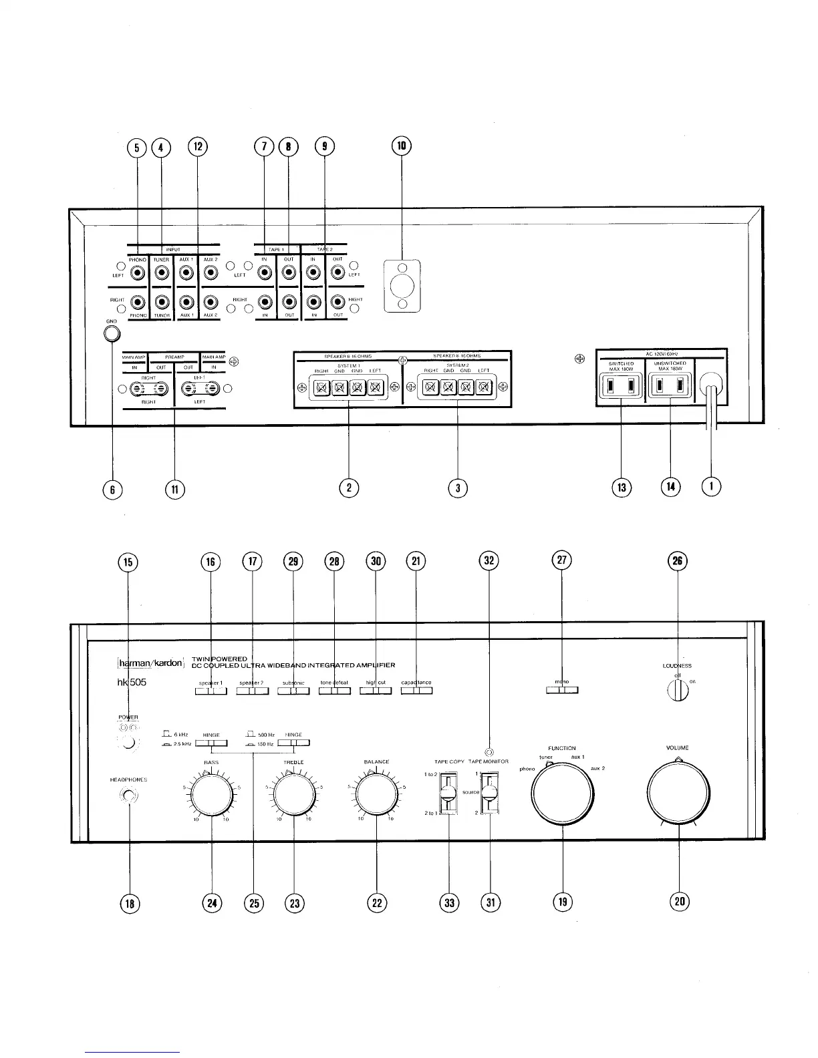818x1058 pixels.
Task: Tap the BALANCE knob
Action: point(377,793)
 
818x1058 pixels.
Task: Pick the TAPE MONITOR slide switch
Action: point(490,793)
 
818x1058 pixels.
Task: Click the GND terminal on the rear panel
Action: point(112,333)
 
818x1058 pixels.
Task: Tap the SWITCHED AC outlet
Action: point(621,385)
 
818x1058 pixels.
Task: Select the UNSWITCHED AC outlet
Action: point(670,385)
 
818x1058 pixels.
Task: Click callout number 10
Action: point(402,146)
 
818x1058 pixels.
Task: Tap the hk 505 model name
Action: point(133,683)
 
